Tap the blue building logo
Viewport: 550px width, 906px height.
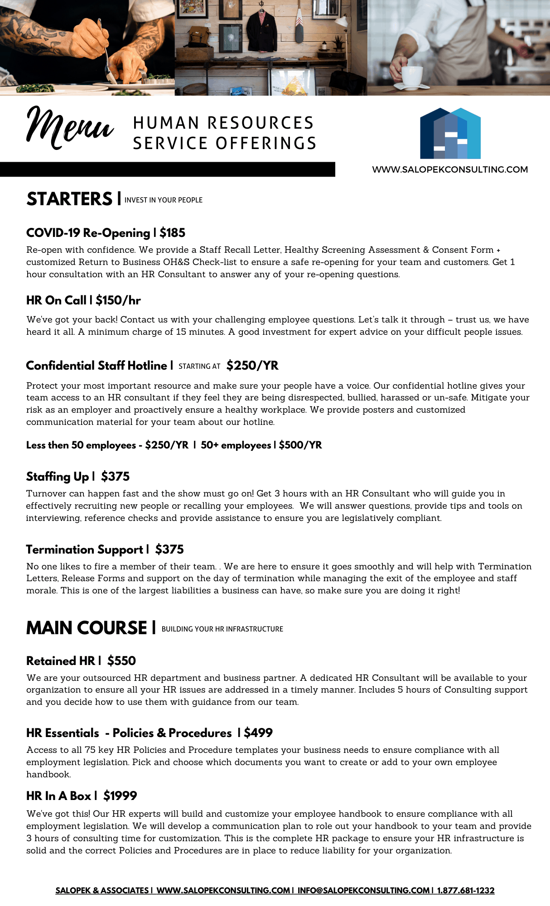pyautogui.click(x=450, y=134)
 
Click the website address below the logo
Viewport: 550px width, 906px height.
pyautogui.click(x=450, y=169)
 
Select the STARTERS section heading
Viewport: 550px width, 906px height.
pyautogui.click(x=69, y=199)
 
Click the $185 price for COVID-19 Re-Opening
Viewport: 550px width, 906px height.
pyautogui.click(x=172, y=233)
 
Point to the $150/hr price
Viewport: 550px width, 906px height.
pyautogui.click(x=118, y=300)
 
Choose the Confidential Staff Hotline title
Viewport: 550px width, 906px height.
pyautogui.click(x=96, y=366)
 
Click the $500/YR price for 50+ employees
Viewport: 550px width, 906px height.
pyautogui.click(x=300, y=445)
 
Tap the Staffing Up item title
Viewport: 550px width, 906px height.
pyautogui.click(x=58, y=477)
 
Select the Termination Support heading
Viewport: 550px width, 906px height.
pyautogui.click(x=84, y=549)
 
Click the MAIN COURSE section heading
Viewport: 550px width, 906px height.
pyautogui.click(x=87, y=628)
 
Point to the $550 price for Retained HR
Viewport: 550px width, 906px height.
pyautogui.click(x=121, y=661)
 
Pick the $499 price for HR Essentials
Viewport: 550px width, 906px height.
pyautogui.click(x=258, y=733)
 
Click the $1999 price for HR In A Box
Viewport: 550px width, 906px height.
pyautogui.click(x=120, y=796)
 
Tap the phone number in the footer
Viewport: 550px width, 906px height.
pyautogui.click(x=466, y=891)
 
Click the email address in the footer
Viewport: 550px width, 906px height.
pyautogui.click(x=363, y=891)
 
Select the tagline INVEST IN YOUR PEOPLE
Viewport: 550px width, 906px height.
pyautogui.click(x=163, y=200)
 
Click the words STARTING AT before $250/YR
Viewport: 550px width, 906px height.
pyautogui.click(x=199, y=366)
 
